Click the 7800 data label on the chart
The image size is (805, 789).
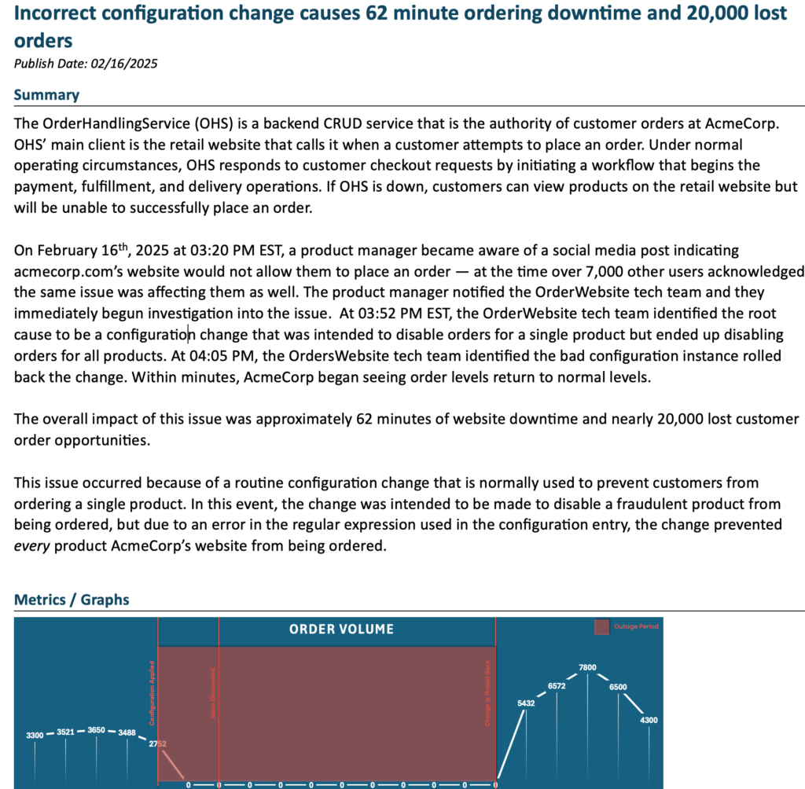(587, 668)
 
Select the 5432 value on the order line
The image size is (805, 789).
(526, 703)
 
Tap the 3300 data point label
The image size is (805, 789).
(35, 735)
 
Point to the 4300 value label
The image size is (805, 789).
(649, 721)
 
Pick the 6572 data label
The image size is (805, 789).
(557, 686)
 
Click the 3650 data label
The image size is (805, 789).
(96, 730)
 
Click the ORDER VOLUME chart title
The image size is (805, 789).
(341, 629)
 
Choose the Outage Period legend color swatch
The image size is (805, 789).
(602, 627)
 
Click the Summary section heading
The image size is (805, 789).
(46, 95)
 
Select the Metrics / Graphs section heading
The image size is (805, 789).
(72, 600)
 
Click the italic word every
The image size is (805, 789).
(29, 545)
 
